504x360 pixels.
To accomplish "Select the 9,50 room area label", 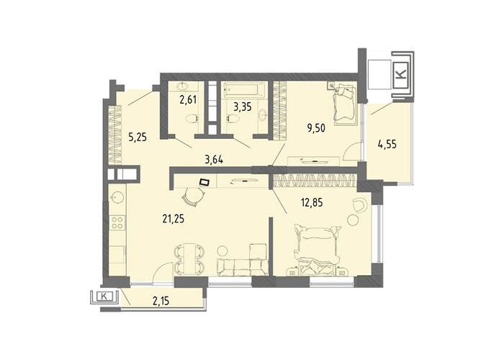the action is [315, 128].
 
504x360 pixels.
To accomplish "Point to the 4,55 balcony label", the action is [387, 144].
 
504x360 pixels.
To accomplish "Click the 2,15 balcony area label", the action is [160, 301].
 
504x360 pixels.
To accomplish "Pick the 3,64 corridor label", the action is [213, 159].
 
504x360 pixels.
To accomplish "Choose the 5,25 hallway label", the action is [138, 138].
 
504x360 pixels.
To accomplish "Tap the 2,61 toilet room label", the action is [188, 100].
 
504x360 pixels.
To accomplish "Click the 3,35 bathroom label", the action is [243, 107].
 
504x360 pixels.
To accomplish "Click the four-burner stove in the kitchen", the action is [117, 222].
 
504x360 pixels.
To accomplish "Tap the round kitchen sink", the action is [117, 198].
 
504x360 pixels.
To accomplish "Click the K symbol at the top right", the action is [401, 75].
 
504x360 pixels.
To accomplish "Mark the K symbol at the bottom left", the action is [104, 296].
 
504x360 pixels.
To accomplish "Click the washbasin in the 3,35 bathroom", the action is [264, 114].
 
